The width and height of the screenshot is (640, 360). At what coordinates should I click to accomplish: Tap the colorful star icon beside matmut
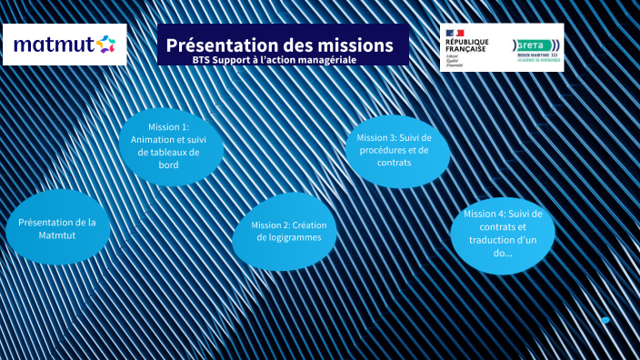point(105,44)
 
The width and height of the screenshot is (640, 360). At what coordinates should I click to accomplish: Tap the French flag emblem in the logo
point(453,33)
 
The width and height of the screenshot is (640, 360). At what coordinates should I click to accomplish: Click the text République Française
point(466,45)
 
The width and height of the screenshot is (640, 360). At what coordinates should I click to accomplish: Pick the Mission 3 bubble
point(396,149)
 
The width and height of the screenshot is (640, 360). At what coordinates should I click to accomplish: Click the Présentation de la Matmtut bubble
point(58,227)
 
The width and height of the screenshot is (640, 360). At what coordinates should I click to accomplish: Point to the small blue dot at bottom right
point(605,320)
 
